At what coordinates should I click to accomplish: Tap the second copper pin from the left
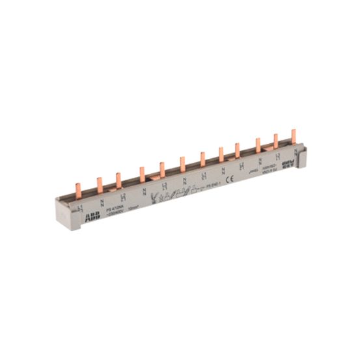pos(100,185)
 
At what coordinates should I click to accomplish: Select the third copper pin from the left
pos(118,180)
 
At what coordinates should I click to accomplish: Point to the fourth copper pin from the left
pos(141,174)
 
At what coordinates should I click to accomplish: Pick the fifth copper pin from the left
pos(161,169)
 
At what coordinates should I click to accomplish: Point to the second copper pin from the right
pos(275,141)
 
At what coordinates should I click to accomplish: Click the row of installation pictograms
pos(171,193)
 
